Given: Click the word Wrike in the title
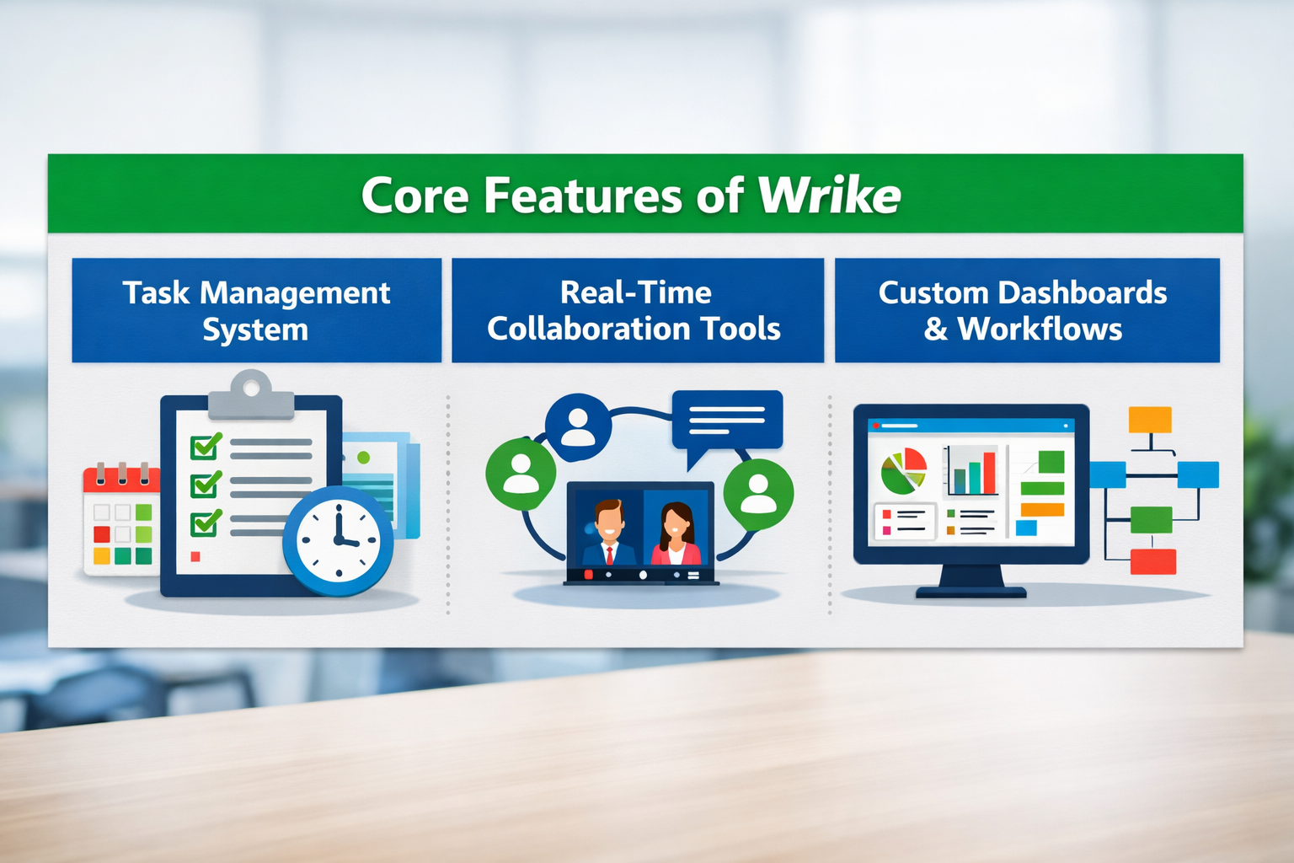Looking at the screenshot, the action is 830,195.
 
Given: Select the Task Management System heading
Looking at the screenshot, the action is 256,310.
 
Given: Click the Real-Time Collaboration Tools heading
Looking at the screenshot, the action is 634,310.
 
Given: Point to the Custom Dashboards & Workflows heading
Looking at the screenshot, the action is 1023,310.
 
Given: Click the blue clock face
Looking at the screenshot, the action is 339,540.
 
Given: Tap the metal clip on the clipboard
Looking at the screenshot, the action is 251,394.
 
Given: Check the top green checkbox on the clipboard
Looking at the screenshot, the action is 206,446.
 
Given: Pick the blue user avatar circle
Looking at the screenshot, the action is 578,426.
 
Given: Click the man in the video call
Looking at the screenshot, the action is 608,533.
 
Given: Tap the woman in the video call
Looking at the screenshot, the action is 676,534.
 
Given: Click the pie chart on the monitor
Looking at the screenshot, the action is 903,471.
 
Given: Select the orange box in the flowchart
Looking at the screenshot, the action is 1150,420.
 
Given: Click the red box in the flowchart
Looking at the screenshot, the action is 1153,562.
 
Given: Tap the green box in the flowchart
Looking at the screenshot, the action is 1152,520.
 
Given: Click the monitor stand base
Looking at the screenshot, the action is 971,592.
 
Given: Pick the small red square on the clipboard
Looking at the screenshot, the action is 195,556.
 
